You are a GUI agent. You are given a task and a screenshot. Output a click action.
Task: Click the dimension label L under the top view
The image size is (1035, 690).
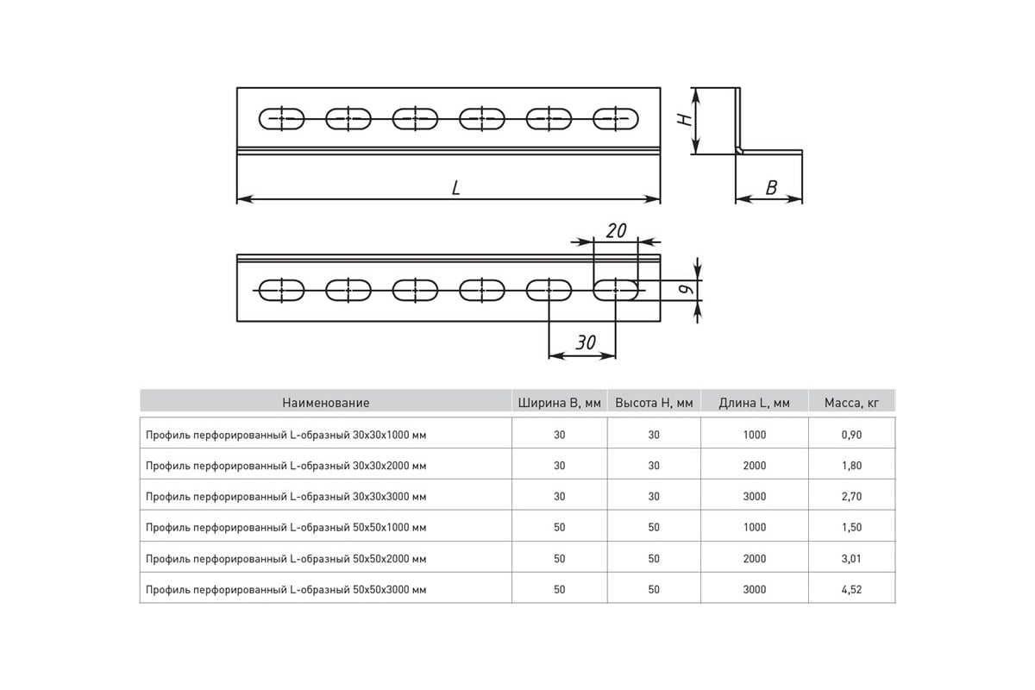[x=455, y=188]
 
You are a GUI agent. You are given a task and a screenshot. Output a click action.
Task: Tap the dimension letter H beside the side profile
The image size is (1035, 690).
[x=685, y=120]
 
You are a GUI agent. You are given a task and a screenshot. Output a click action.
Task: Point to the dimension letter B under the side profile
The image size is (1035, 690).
[x=771, y=188]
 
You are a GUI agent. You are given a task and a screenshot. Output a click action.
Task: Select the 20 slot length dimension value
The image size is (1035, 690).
[x=617, y=230]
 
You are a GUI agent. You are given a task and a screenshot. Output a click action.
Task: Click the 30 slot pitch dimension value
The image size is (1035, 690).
[x=586, y=342]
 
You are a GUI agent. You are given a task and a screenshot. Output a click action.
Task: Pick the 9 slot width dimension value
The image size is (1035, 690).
[x=687, y=289]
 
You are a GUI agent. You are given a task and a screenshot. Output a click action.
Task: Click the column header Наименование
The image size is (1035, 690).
[x=326, y=403]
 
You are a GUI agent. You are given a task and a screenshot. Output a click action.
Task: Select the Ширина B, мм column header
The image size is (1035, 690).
[x=559, y=403]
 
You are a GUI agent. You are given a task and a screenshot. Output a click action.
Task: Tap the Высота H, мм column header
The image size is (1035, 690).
[x=654, y=403]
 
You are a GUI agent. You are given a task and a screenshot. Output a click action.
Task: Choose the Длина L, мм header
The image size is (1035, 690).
[x=754, y=403]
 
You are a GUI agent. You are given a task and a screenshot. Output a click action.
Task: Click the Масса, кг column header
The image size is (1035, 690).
[x=851, y=403]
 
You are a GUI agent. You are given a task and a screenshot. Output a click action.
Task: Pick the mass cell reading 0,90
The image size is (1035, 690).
[x=851, y=435]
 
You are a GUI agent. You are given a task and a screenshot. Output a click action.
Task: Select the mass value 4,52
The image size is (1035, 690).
[x=851, y=590]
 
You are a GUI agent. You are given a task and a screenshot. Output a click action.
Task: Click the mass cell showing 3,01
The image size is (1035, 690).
[x=851, y=559]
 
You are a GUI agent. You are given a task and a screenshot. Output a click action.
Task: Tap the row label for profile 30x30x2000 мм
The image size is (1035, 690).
[x=286, y=466]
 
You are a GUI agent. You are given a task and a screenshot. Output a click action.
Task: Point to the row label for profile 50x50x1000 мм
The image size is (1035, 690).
[x=286, y=527]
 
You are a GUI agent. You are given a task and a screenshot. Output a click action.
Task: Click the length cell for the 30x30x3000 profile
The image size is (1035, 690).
[x=755, y=496]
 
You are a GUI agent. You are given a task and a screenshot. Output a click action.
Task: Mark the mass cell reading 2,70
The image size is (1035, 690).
[x=851, y=496]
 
